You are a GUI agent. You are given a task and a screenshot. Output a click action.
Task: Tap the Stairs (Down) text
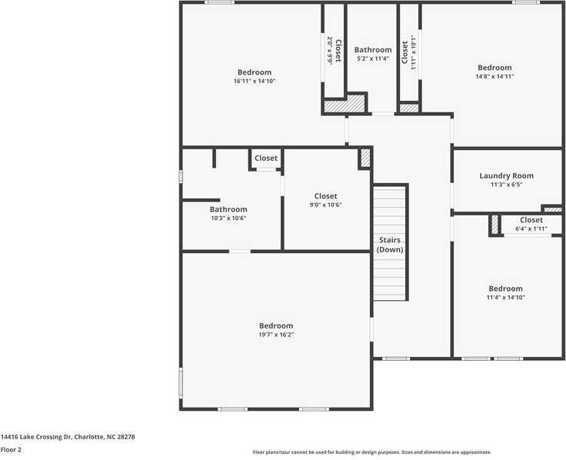[x=390, y=245]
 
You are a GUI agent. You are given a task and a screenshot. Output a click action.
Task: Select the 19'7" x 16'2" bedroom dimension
[x=275, y=335]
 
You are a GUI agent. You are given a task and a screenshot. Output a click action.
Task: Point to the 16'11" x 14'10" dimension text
[x=254, y=81]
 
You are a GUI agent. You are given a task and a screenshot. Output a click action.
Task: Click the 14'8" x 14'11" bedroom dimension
[x=494, y=76]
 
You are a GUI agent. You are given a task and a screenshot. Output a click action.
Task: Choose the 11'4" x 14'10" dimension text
[x=505, y=298]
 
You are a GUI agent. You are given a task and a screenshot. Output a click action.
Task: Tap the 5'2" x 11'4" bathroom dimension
[x=373, y=58]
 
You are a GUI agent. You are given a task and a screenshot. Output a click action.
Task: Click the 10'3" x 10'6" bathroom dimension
[x=228, y=218]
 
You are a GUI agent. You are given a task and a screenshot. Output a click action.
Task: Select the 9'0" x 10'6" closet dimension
[x=325, y=205]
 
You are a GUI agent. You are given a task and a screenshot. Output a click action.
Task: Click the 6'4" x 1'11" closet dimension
[x=531, y=228]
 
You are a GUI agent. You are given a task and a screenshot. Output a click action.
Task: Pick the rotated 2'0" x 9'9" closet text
[x=330, y=51]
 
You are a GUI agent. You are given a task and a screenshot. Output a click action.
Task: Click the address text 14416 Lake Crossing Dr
[x=68, y=436]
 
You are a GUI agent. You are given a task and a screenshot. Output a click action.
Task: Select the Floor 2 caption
[x=11, y=449]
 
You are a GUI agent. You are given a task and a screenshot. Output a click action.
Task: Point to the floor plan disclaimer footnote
[x=371, y=452]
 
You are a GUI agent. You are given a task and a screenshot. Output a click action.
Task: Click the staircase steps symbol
[x=390, y=277]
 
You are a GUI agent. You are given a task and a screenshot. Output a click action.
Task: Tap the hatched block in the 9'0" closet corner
[x=365, y=158]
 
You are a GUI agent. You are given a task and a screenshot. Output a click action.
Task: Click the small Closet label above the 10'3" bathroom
[x=266, y=158]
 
